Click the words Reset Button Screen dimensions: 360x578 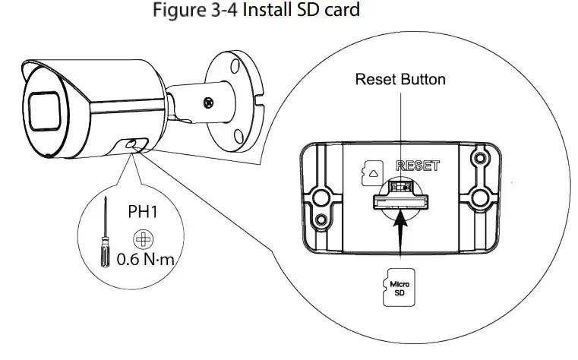click(400, 79)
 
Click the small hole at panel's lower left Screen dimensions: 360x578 click(324, 220)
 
